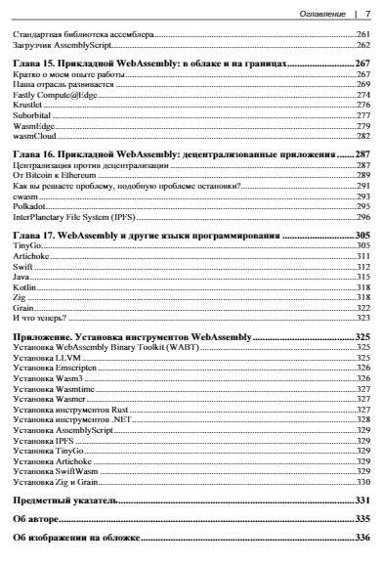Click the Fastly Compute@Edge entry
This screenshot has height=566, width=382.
tap(56, 95)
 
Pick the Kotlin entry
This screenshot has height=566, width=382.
tap(28, 287)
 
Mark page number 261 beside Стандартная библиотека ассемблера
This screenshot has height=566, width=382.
tap(362, 34)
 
